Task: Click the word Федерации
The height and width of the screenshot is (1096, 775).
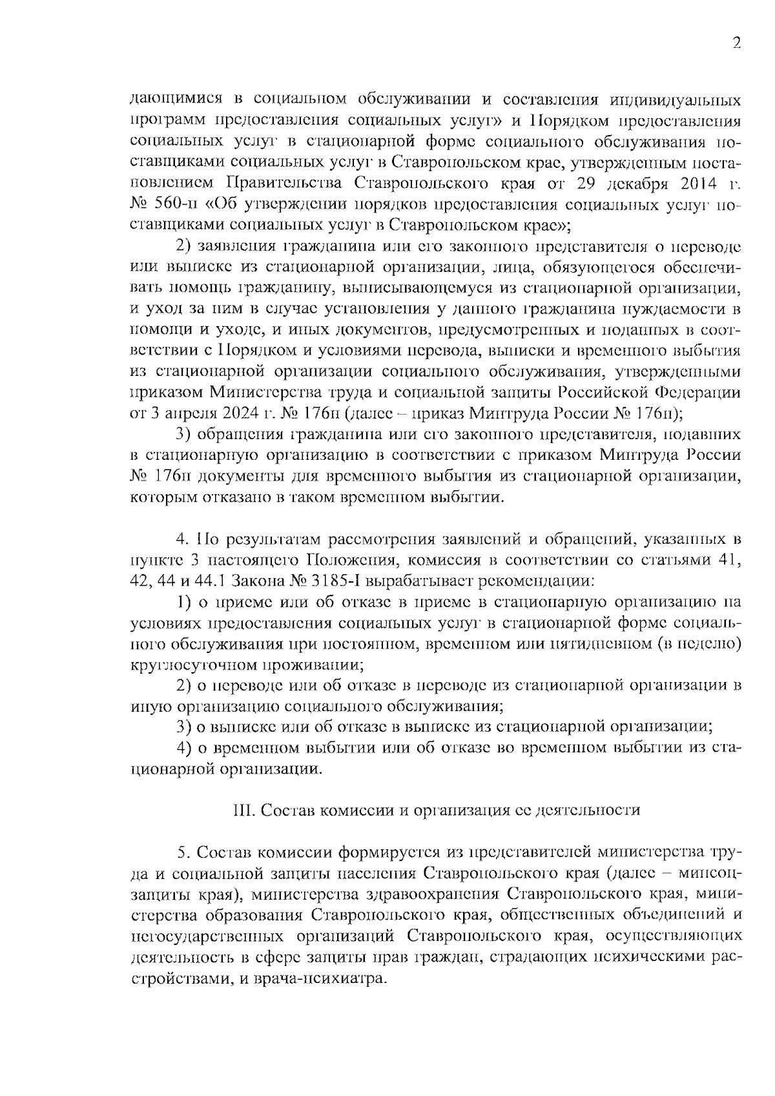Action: tap(698, 393)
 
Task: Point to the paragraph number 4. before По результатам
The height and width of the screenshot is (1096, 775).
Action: tap(181, 538)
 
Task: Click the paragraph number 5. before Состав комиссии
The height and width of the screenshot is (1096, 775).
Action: tap(181, 853)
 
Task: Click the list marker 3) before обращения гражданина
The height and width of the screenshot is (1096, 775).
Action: tap(184, 435)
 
